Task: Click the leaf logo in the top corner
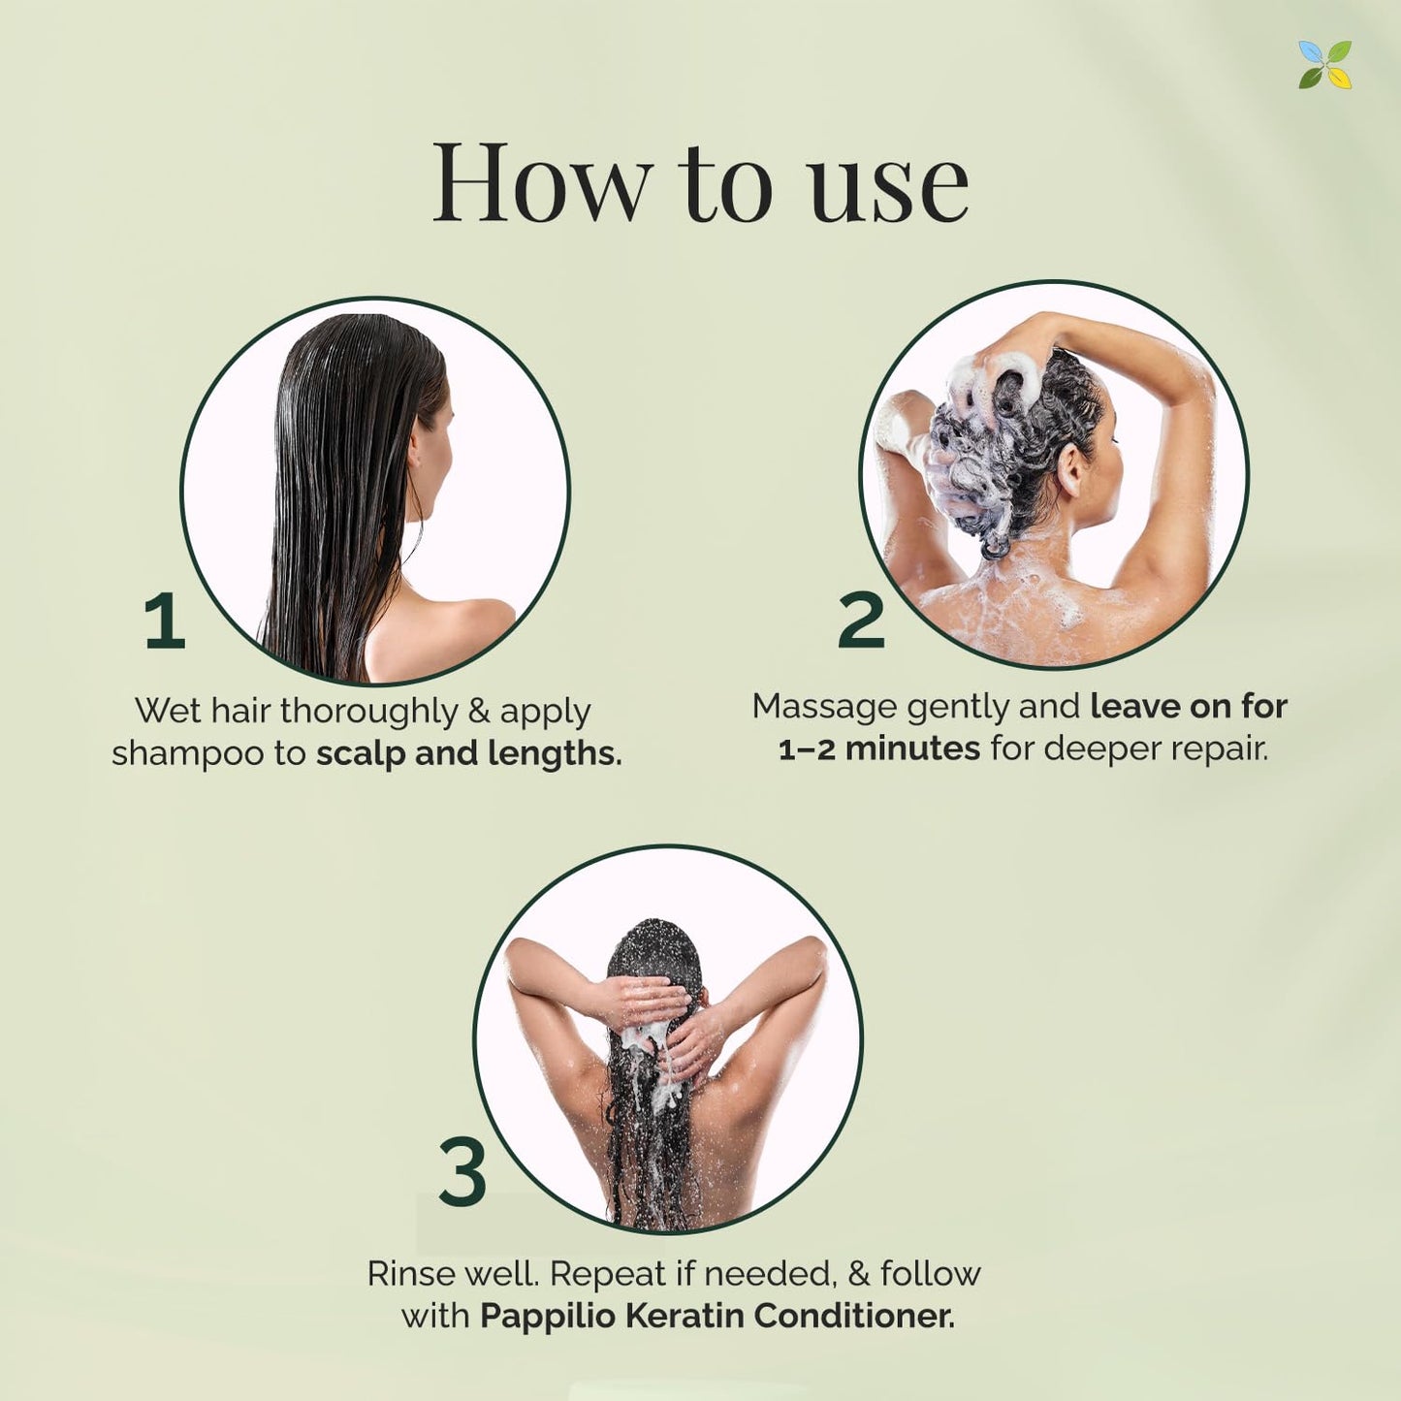pos(1324,65)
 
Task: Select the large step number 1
pos(164,621)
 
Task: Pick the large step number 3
pos(462,1171)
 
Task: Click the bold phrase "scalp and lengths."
pos(469,753)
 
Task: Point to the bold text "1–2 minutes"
pos(879,748)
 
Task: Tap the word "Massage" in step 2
pos(824,707)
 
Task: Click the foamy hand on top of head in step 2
pos(999,376)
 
